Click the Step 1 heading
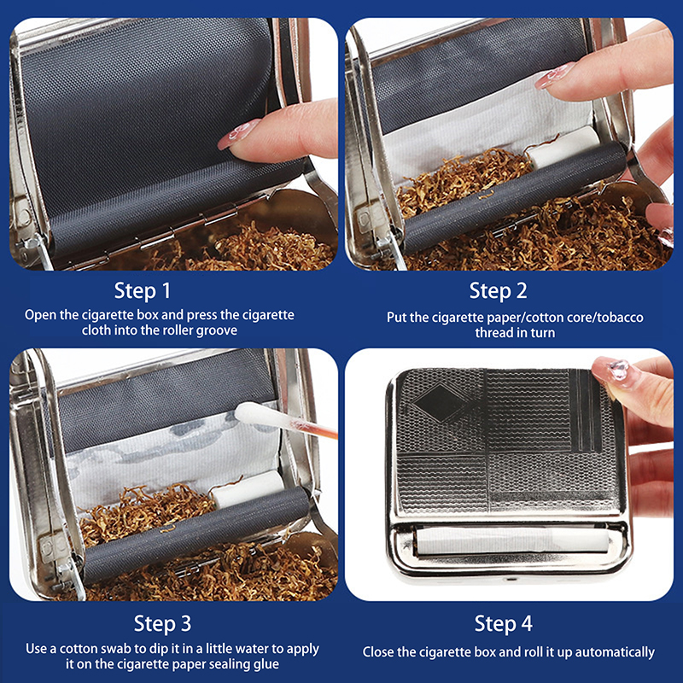tap(142, 291)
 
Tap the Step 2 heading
tap(498, 291)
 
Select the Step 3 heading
tap(162, 623)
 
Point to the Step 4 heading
tap(503, 623)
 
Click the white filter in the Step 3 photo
tap(248, 489)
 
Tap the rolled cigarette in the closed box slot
tap(512, 541)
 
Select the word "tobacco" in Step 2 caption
tap(620, 317)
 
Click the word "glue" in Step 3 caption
tap(266, 664)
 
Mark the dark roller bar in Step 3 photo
tap(196, 535)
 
